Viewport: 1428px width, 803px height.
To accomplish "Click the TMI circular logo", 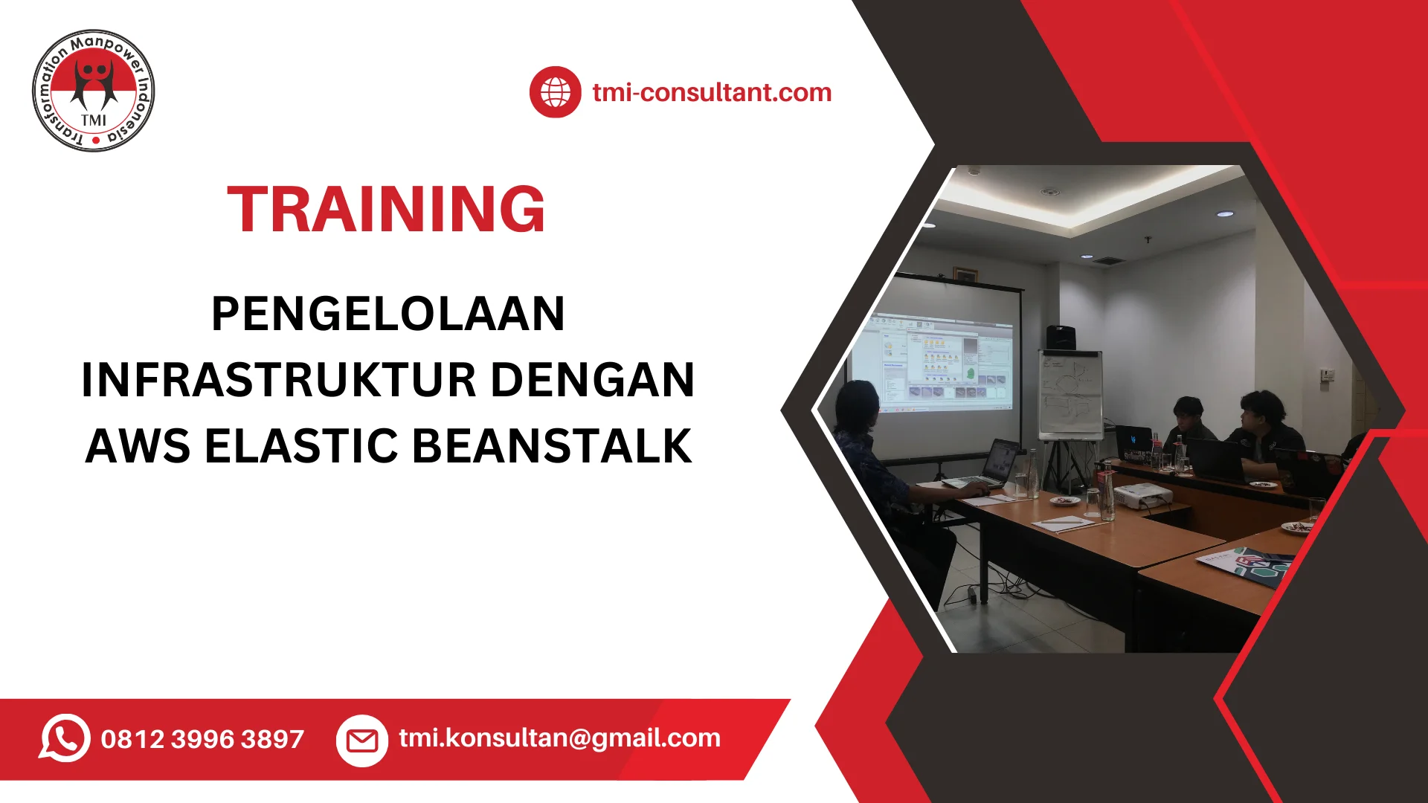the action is coord(94,91).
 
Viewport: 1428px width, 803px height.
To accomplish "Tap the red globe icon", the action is coord(555,92).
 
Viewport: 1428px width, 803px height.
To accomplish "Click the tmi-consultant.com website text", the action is coord(712,92).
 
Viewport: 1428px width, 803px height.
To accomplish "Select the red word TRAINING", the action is coord(386,209).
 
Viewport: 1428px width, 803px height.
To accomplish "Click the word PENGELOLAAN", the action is coord(388,313).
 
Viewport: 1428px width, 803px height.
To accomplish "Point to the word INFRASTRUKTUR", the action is coord(279,380).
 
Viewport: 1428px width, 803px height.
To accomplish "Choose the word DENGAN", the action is coord(593,380).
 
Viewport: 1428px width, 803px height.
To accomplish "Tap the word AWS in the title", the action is coord(138,446).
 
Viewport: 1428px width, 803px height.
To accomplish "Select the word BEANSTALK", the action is coord(552,446).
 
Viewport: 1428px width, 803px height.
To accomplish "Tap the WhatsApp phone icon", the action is coord(65,738).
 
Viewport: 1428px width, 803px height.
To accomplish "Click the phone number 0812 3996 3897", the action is coord(202,739).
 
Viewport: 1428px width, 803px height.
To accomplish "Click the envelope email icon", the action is coord(362,741).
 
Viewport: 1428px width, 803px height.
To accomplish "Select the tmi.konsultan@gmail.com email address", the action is coord(559,738).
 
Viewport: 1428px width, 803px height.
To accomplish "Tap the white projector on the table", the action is coord(1143,494).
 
